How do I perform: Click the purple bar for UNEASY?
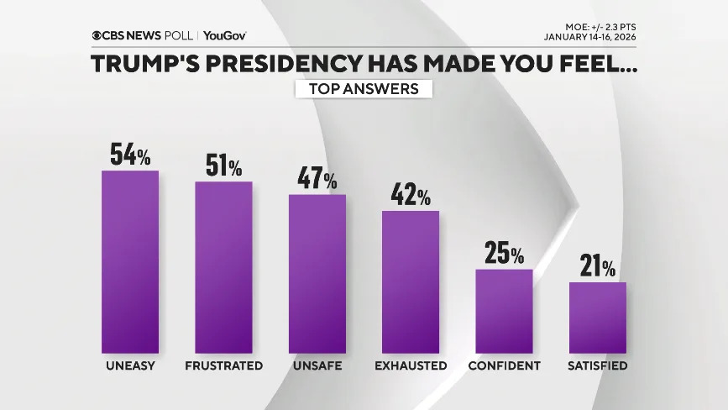click(130, 261)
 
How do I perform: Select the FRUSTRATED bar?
click(223, 266)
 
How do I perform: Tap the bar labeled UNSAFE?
click(317, 273)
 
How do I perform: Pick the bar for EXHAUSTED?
click(411, 281)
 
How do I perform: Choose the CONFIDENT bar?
click(504, 311)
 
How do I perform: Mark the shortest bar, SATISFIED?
click(598, 318)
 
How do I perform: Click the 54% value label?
click(130, 155)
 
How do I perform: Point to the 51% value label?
click(223, 166)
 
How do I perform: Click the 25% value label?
click(504, 254)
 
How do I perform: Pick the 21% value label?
click(598, 267)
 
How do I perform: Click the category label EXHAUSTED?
click(411, 366)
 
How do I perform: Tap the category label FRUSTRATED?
click(223, 366)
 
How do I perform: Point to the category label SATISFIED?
click(598, 366)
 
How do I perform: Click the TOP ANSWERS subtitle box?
click(364, 89)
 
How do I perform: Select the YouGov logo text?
click(225, 35)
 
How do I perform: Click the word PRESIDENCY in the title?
click(296, 65)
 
